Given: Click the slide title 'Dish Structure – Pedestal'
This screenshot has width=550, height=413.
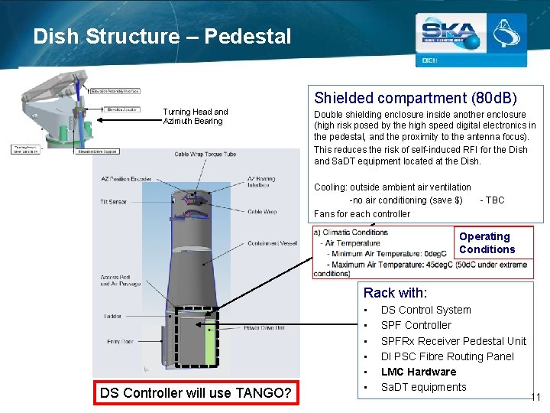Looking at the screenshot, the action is pyautogui.click(x=162, y=36).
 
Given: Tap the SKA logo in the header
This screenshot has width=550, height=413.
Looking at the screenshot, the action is pyautogui.click(x=451, y=34).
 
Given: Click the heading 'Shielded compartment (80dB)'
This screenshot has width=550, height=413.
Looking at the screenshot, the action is pyautogui.click(x=416, y=98).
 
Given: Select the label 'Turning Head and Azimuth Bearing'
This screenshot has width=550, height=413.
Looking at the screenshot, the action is pyautogui.click(x=196, y=116).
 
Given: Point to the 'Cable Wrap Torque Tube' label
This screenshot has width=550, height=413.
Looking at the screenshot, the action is pyautogui.click(x=205, y=154).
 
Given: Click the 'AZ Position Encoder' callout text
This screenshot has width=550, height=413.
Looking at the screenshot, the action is pyautogui.click(x=126, y=179).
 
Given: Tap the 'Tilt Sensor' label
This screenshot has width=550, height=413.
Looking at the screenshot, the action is pyautogui.click(x=113, y=202).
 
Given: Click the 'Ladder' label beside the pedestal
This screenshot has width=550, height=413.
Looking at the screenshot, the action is pyautogui.click(x=113, y=315).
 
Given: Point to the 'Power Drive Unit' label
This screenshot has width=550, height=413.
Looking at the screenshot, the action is pyautogui.click(x=264, y=327).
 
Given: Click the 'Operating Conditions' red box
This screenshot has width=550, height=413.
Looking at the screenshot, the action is pyautogui.click(x=493, y=243).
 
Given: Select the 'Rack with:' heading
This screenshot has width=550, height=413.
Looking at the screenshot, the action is pyautogui.click(x=395, y=292).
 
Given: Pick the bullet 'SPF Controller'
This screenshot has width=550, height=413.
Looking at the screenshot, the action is pyautogui.click(x=416, y=325).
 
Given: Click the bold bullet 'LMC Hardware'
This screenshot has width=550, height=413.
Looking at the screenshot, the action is pyautogui.click(x=418, y=372).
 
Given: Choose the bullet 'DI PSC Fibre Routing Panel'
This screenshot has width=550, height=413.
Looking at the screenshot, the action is pyautogui.click(x=447, y=356).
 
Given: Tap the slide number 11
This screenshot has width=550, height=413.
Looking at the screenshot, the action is pyautogui.click(x=535, y=397).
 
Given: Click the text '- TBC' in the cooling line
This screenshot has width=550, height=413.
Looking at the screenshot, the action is pyautogui.click(x=492, y=200).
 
